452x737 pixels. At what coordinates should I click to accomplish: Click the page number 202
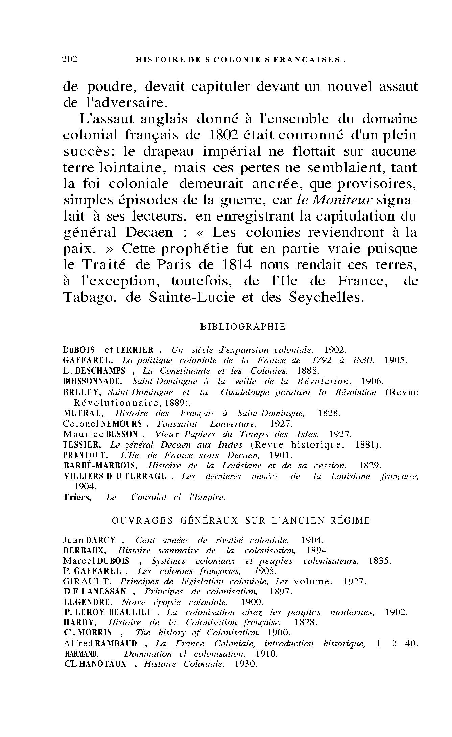pyautogui.click(x=70, y=59)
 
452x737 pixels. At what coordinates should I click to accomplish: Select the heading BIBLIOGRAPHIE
pyautogui.click(x=243, y=327)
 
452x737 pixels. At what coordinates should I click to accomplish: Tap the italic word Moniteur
pyautogui.click(x=342, y=200)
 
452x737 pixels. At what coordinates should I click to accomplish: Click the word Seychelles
pyautogui.click(x=327, y=297)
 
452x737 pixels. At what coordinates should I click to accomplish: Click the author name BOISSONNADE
pyautogui.click(x=92, y=382)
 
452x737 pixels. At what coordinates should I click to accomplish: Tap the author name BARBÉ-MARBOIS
pyautogui.click(x=100, y=466)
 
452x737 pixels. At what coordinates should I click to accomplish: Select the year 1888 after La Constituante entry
pyautogui.click(x=308, y=371)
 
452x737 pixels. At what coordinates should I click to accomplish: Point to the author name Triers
pyautogui.click(x=77, y=497)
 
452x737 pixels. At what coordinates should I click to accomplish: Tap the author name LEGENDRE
pyautogui.click(x=82, y=602)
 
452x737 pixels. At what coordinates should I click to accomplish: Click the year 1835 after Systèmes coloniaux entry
pyautogui.click(x=380, y=561)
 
